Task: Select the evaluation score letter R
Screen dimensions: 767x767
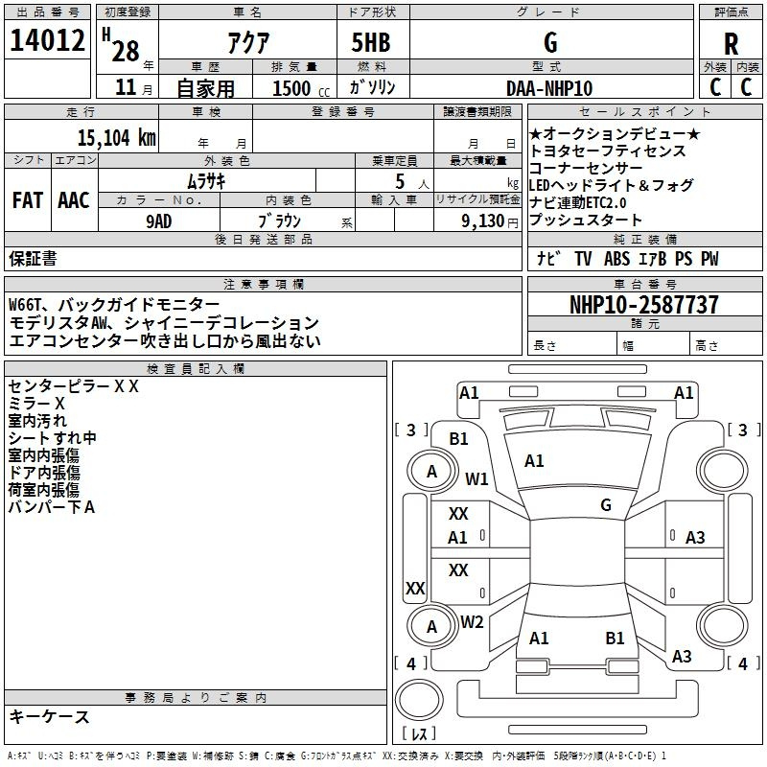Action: click(731, 43)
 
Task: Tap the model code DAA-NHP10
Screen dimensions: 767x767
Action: click(549, 87)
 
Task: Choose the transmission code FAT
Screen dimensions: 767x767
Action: click(27, 199)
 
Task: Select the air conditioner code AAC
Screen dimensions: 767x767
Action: click(74, 199)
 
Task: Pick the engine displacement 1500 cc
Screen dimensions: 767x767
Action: click(299, 88)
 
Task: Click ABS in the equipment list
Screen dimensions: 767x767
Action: click(618, 259)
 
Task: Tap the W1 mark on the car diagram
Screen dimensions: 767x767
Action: click(476, 478)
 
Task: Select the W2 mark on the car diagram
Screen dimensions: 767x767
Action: click(472, 622)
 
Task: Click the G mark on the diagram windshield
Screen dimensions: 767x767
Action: click(605, 505)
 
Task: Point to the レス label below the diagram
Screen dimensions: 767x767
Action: click(419, 735)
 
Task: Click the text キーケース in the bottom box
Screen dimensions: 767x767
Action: click(49, 717)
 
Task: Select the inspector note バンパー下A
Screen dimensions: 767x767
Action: click(52, 507)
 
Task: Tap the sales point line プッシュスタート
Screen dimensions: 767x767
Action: click(586, 221)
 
